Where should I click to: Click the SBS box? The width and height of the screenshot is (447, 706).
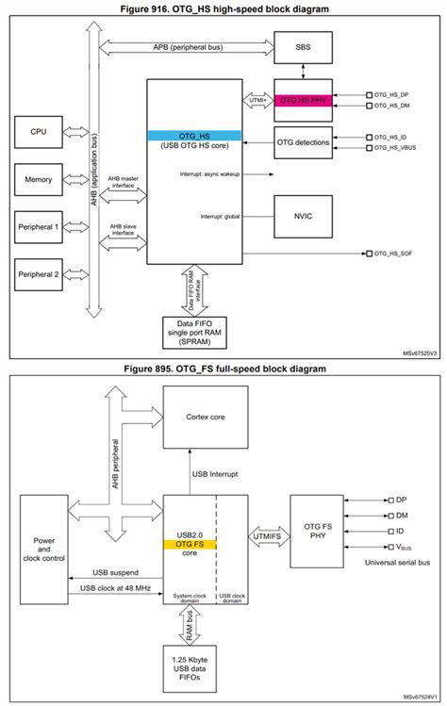point(303,47)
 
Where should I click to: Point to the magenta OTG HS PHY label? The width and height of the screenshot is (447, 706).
point(303,101)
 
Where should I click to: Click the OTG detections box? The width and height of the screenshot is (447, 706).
point(303,142)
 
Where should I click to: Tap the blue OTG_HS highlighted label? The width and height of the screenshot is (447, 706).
point(194,135)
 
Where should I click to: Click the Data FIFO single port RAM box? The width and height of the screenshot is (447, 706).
point(194,331)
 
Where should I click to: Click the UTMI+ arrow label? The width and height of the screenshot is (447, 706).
point(257,99)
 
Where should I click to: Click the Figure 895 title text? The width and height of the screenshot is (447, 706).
point(223,369)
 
